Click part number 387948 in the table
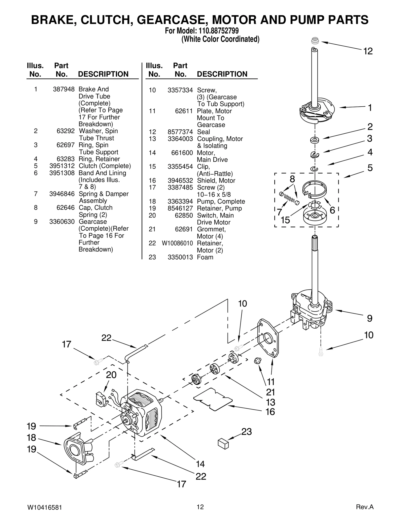point(64,89)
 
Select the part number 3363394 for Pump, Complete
point(180,202)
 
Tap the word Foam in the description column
point(205,257)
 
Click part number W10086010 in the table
point(177,243)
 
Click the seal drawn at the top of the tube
point(315,40)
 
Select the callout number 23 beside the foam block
point(246,432)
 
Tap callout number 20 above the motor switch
point(111,375)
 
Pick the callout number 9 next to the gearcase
point(370,319)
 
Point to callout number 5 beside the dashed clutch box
point(370,168)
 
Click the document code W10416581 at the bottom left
point(44,507)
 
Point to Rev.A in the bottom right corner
point(364,507)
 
